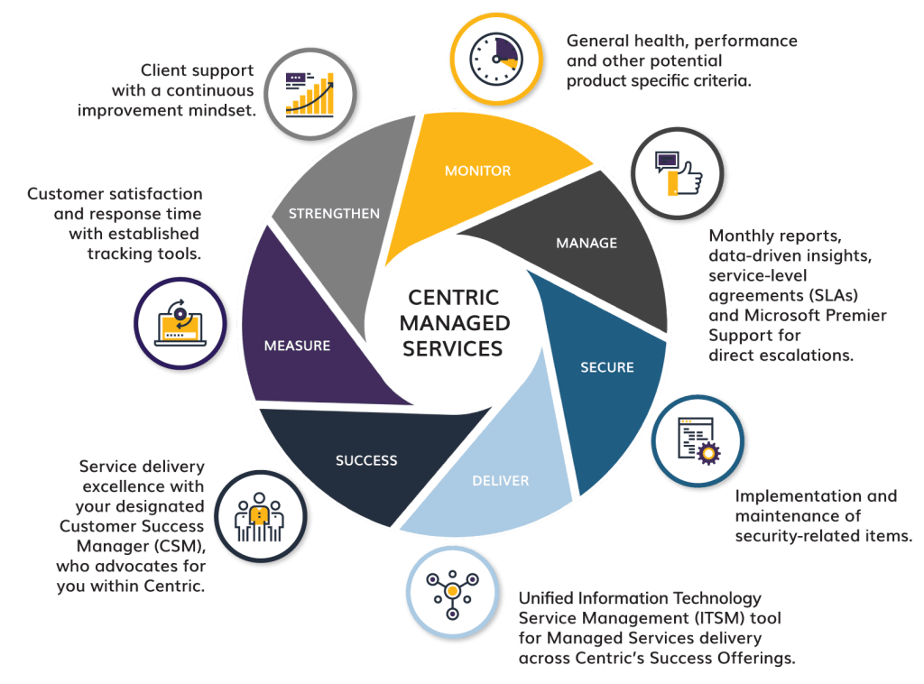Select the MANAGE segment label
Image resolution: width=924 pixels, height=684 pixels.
[x=587, y=243]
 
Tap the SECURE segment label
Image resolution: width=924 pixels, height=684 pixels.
[x=606, y=367]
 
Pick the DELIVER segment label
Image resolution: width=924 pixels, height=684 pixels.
[x=500, y=480]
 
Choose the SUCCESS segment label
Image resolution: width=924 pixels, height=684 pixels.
[x=366, y=460]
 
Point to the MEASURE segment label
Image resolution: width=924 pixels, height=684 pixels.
[x=297, y=346]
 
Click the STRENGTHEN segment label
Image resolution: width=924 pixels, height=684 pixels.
[x=334, y=214]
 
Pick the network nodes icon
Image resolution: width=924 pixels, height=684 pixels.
[x=450, y=591]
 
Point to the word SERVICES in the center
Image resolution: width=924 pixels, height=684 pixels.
[x=453, y=348]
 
